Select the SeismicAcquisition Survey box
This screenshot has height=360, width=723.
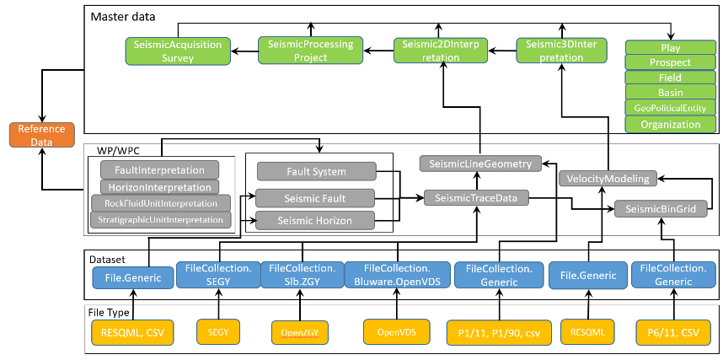tap(178, 51)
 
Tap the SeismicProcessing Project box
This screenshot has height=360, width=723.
tap(310, 51)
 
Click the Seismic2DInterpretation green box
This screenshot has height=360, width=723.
tap(439, 51)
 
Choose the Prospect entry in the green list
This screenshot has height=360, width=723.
tap(670, 62)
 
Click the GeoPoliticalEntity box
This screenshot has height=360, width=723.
tap(670, 108)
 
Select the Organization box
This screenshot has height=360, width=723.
tap(670, 124)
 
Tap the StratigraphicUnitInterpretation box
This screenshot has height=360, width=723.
tap(159, 220)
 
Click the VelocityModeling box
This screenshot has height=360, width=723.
tap(607, 179)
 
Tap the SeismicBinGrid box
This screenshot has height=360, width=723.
tap(660, 209)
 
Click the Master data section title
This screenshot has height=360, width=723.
tap(122, 16)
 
